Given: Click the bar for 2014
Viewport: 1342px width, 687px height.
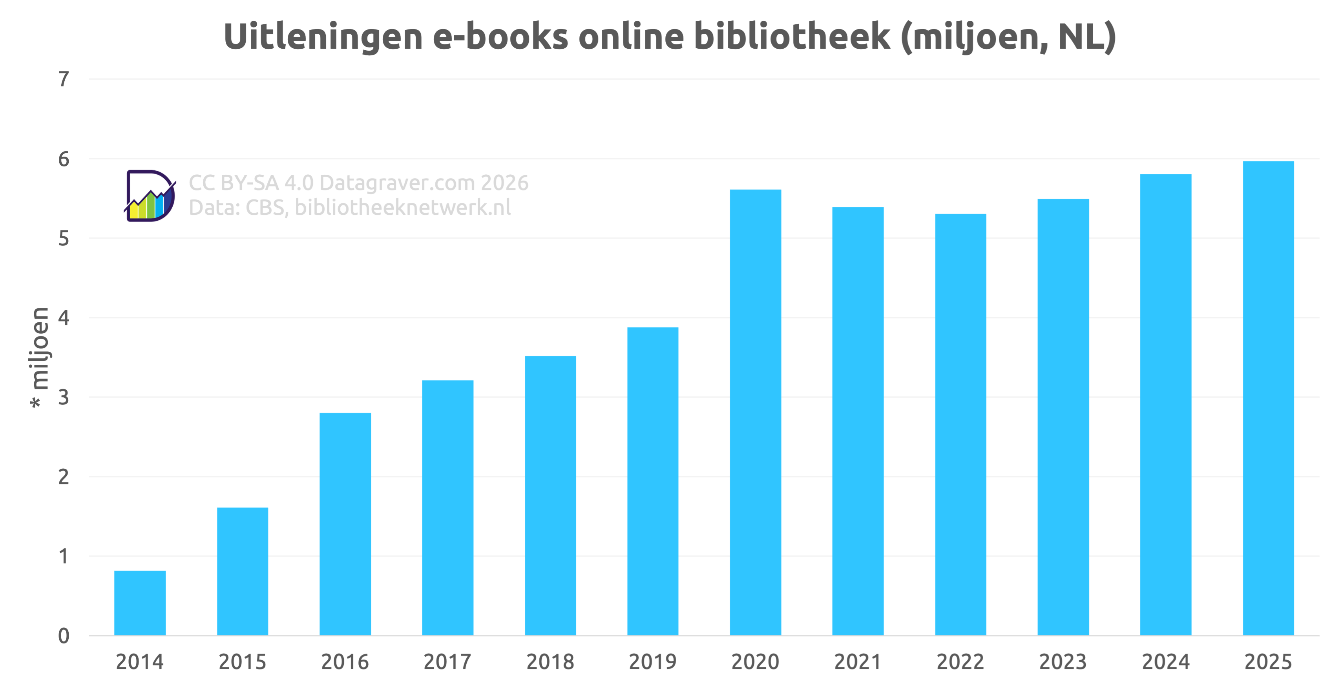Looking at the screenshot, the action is (140, 603).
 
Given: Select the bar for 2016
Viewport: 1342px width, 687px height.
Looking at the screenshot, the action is (345, 524).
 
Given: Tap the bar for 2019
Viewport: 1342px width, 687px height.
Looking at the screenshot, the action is (653, 481).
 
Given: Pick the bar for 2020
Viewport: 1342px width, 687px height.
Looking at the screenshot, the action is (756, 413).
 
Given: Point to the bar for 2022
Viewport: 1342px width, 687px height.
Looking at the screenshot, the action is (960, 424).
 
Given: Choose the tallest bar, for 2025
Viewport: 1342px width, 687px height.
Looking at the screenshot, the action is (1268, 398).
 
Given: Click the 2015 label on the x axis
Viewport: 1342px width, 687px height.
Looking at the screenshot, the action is (242, 662).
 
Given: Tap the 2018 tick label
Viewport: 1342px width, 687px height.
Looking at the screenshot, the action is (550, 662).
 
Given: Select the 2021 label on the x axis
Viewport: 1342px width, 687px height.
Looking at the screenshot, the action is (858, 662).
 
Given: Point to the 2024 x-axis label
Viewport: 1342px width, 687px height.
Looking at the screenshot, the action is (1165, 662).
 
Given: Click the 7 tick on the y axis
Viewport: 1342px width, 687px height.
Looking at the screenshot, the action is (64, 79).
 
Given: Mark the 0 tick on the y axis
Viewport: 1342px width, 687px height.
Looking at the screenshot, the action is (64, 636).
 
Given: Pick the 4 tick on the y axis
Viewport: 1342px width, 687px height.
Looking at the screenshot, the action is (64, 318).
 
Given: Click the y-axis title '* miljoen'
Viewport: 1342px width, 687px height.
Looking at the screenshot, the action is (40, 357).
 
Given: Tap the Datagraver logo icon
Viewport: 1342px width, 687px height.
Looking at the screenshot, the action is (150, 196).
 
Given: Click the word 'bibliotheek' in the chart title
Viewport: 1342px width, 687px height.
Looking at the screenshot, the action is (792, 37).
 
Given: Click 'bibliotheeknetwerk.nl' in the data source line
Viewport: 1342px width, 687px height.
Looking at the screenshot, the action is (402, 207).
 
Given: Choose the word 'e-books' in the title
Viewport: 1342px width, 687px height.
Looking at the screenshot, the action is (500, 37).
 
